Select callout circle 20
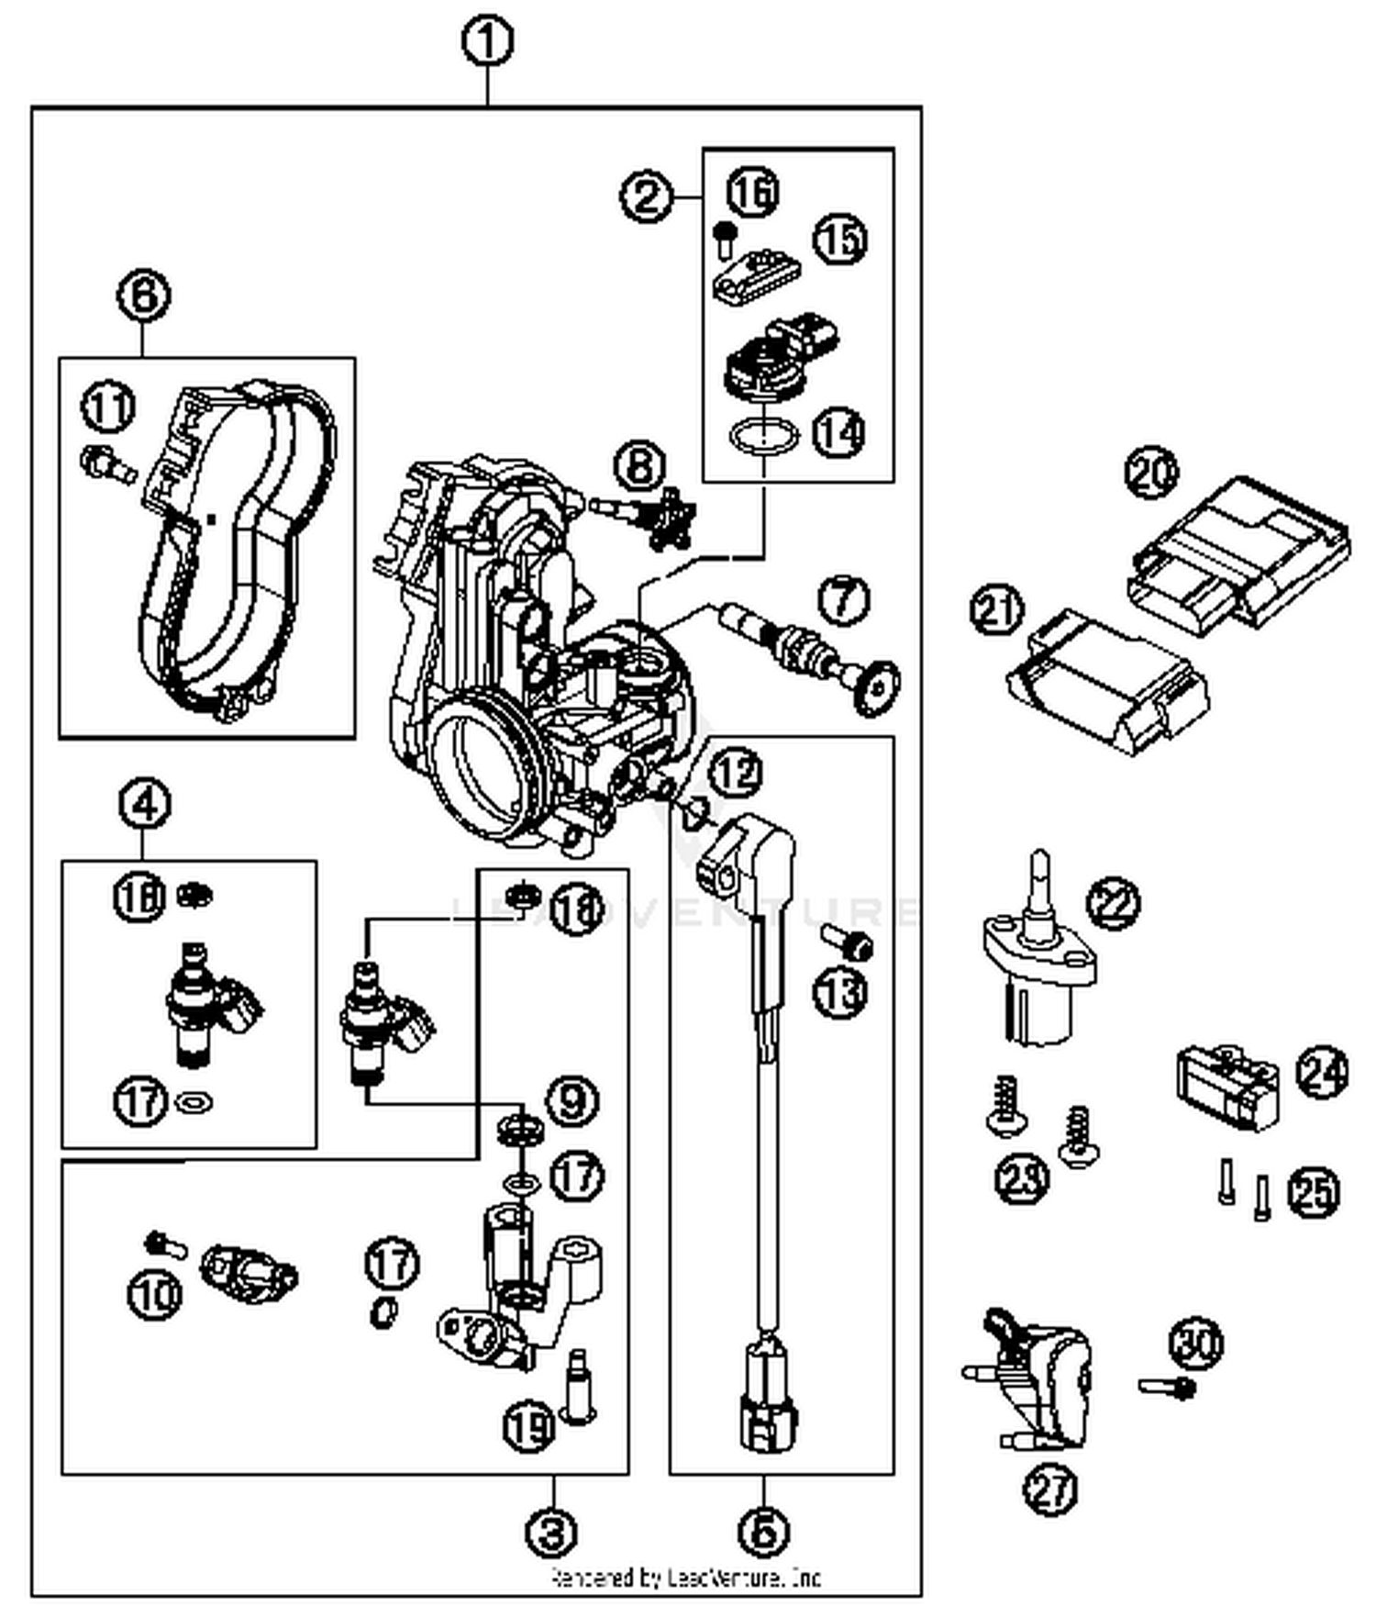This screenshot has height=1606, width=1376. [x=1152, y=474]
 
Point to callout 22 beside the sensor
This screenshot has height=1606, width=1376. [x=1113, y=904]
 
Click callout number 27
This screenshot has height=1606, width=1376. [x=1051, y=1489]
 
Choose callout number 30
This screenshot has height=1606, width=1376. [x=1197, y=1344]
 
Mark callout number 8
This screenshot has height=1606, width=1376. [x=640, y=465]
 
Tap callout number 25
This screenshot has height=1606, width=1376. [x=1313, y=1192]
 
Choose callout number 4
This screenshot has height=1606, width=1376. [x=145, y=804]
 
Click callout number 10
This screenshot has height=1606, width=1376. [x=155, y=1295]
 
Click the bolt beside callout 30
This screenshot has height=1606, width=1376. [x=1167, y=1387]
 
